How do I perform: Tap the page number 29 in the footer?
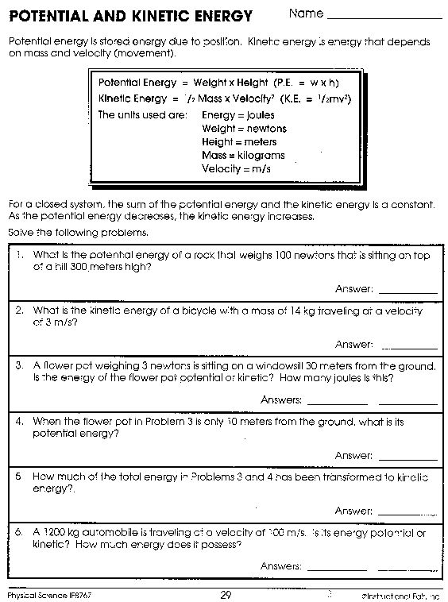point(226,594)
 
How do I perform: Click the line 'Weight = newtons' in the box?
point(243,129)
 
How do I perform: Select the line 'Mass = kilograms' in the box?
point(242,155)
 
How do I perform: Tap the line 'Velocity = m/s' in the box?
point(237,168)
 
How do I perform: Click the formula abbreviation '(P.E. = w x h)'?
point(311,83)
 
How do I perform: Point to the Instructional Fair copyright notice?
point(401,594)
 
